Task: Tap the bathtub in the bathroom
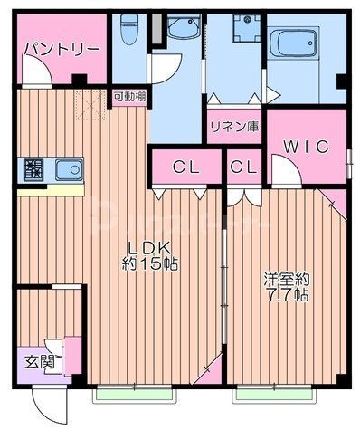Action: pos(294,43)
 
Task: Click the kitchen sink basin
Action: pos(68,169)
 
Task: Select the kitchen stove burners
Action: pos(33,169)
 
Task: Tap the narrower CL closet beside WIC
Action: pos(242,167)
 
